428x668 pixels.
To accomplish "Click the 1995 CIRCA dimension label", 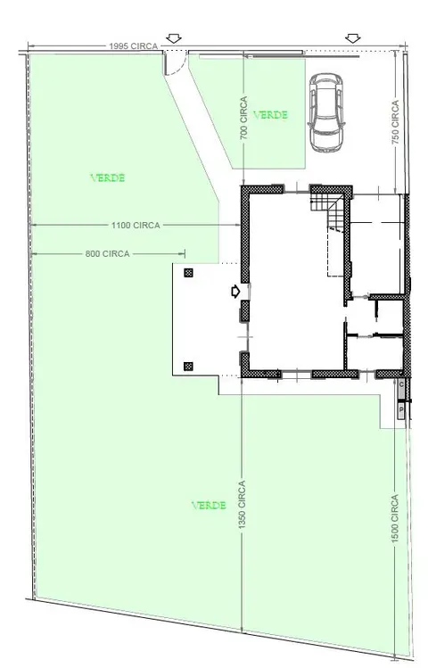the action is [133, 46].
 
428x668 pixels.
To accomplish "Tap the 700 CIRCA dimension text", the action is [243, 118].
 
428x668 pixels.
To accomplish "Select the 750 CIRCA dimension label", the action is [396, 122].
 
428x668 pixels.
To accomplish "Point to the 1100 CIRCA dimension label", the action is [136, 225].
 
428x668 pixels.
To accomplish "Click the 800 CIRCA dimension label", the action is [107, 254].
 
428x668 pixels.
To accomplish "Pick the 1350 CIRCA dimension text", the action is [242, 505].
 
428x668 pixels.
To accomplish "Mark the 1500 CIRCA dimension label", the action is [395, 518].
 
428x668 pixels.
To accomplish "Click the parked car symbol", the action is [325, 112].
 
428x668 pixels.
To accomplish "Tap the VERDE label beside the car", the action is [270, 114].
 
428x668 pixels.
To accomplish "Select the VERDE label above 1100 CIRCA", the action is [108, 177].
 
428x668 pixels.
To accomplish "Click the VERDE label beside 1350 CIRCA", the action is [209, 506].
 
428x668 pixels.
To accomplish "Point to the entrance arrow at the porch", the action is [235, 292].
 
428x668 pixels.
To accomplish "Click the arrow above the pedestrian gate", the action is [174, 38].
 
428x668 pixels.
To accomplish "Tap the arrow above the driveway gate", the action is [352, 38].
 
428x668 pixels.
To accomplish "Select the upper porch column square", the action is [189, 273].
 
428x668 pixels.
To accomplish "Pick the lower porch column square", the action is [189, 366].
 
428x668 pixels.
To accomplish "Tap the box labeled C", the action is [401, 384].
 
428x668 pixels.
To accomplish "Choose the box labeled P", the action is [401, 410].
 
